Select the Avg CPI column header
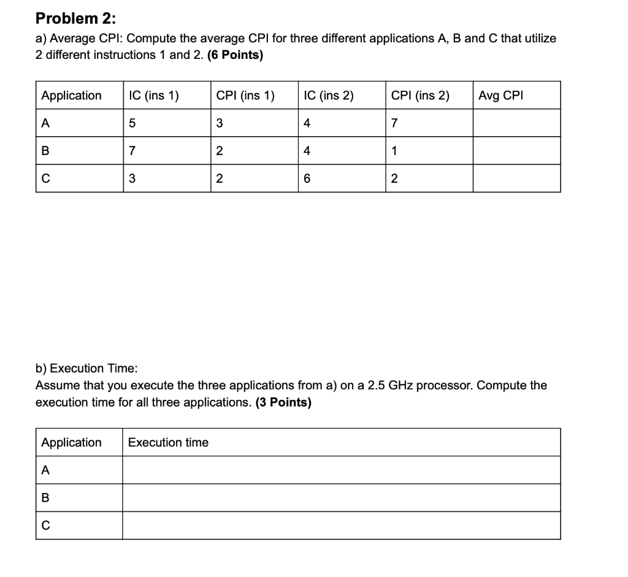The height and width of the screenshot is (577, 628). pos(500,95)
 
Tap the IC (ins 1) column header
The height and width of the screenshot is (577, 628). pos(153,95)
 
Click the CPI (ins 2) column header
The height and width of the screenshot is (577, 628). pos(419,95)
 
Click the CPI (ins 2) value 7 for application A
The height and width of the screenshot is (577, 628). pos(394,123)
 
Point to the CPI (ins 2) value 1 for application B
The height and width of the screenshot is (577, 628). pos(394,151)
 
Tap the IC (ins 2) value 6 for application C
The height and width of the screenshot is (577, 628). pos(307,179)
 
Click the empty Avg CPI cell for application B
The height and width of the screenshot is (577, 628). pos(516,151)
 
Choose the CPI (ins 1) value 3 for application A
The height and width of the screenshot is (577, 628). pos(220,123)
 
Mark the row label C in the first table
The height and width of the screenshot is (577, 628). pos(45,179)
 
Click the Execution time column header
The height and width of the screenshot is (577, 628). pos(168,442)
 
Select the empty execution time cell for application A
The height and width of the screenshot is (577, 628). pos(341,470)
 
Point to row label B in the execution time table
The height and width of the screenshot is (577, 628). pos(45,498)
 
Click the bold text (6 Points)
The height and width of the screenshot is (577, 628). pos(235,55)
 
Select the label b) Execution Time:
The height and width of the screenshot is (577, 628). pos(86,368)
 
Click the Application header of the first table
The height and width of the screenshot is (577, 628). pos(71,95)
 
